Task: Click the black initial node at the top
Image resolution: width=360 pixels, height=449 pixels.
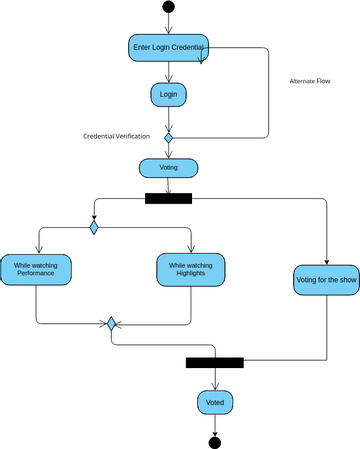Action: tap(168, 8)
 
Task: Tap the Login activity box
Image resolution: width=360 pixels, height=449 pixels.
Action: tap(168, 94)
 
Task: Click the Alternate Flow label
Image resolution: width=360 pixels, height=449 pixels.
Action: tap(309, 81)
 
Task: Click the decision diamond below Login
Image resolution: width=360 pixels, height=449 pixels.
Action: tap(168, 137)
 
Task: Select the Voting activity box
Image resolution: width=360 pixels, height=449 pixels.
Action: tap(168, 167)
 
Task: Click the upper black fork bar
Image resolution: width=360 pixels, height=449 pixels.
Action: tap(168, 198)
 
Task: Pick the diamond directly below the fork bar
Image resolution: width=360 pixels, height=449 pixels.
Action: tap(94, 228)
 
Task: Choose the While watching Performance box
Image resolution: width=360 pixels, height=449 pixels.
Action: tap(35, 268)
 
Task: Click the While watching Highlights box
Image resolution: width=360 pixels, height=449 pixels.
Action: tap(190, 268)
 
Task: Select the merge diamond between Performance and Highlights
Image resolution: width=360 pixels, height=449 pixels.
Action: tap(112, 323)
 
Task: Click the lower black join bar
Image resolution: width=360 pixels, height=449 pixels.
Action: tap(214, 362)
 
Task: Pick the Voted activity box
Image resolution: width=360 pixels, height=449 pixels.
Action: tap(215, 402)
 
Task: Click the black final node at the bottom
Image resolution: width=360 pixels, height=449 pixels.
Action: tap(214, 441)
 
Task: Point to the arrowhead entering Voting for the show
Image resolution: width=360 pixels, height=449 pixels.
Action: tap(327, 261)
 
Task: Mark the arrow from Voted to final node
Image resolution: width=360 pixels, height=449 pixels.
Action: tap(214, 424)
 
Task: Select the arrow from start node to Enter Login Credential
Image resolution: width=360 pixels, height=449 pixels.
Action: tap(168, 25)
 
